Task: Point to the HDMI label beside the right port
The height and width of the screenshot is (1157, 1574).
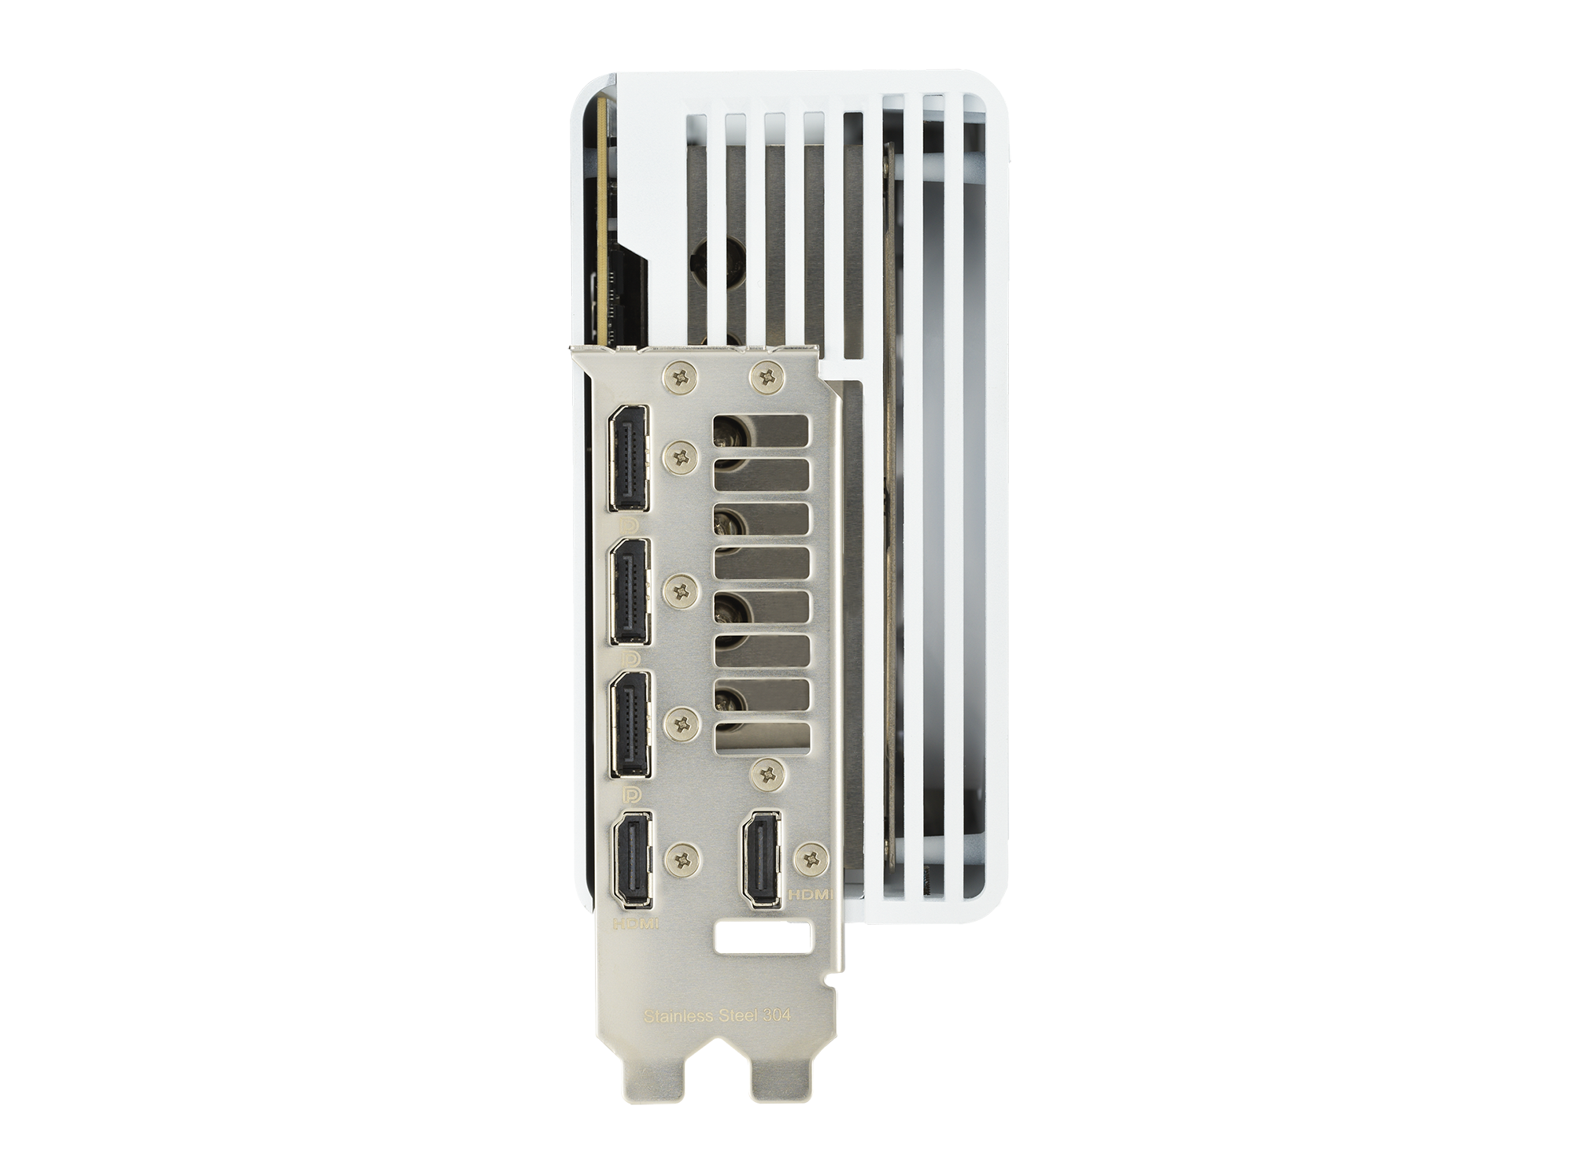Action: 811,895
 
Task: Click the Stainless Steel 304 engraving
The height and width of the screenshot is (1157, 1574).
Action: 717,1015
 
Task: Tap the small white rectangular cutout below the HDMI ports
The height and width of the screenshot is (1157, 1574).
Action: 762,939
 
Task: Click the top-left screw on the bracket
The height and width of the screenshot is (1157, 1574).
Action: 682,375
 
